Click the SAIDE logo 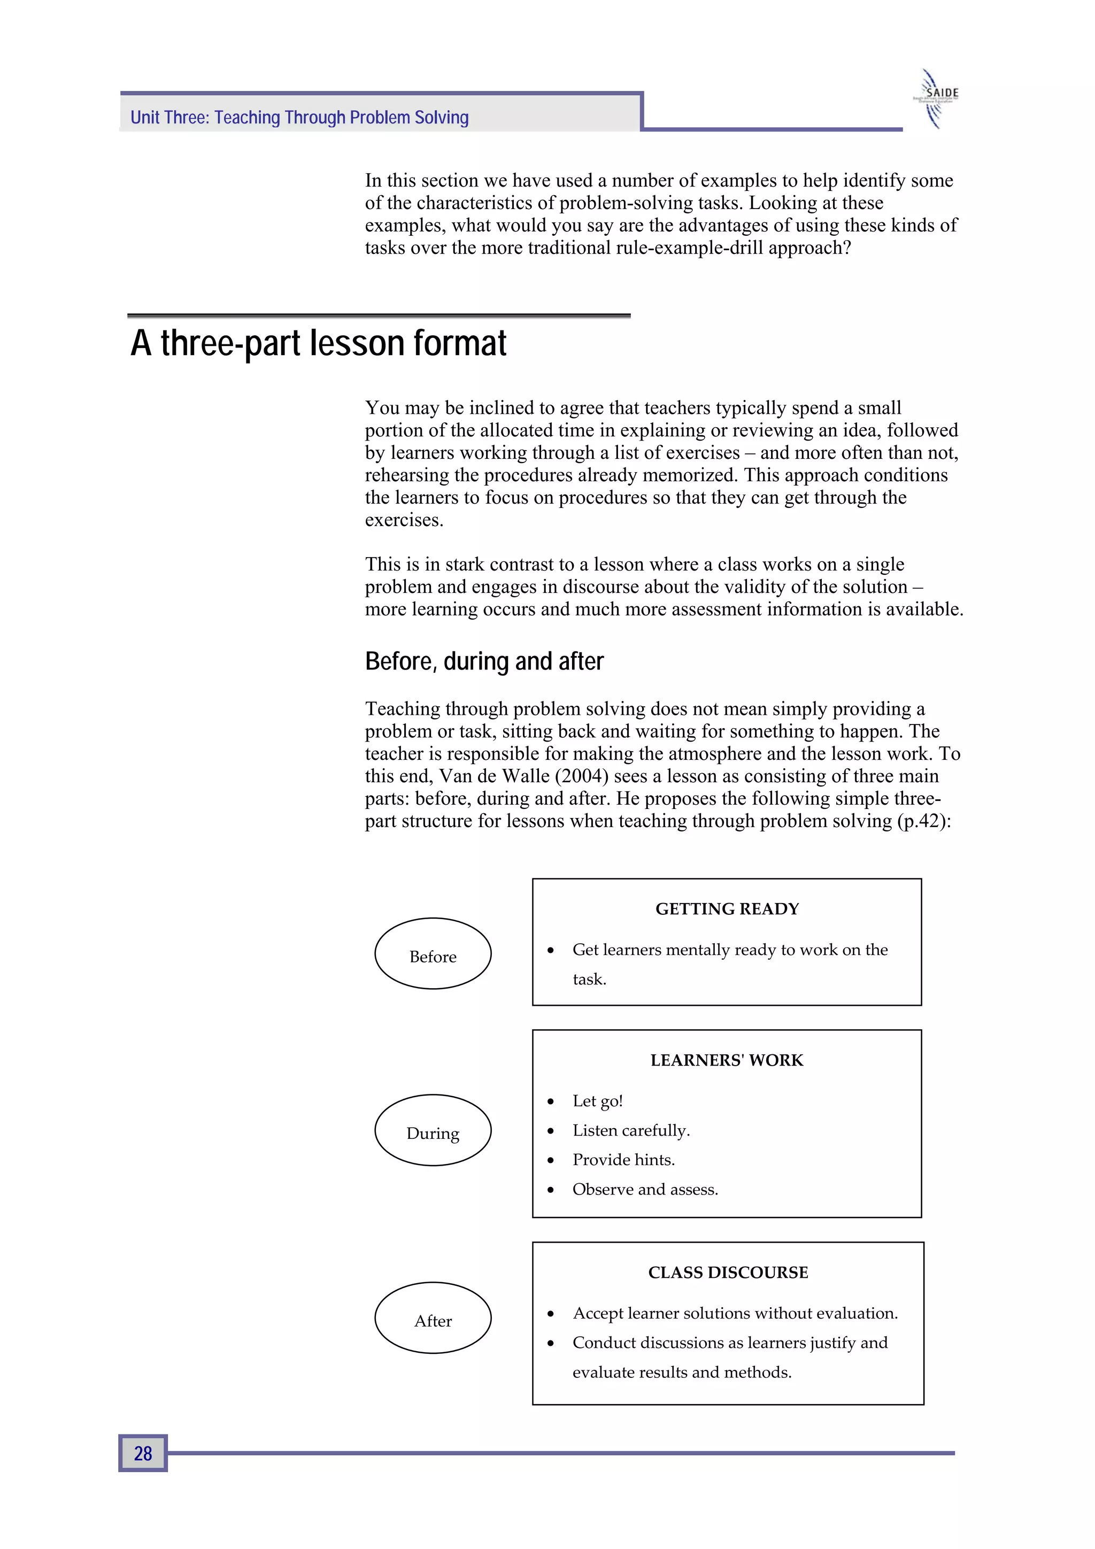click(938, 98)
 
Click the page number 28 click(142, 1453)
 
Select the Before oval click(433, 953)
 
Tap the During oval click(433, 1130)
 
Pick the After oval click(433, 1317)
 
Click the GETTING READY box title click(727, 909)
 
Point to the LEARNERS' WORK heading click(727, 1060)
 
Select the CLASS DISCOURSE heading click(727, 1273)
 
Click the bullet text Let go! click(597, 1101)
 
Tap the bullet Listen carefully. click(631, 1130)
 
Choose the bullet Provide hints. click(623, 1160)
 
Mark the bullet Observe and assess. click(645, 1189)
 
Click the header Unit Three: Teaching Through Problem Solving click(299, 118)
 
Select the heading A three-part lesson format click(319, 343)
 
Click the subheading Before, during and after click(484, 661)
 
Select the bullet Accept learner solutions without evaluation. click(735, 1313)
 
